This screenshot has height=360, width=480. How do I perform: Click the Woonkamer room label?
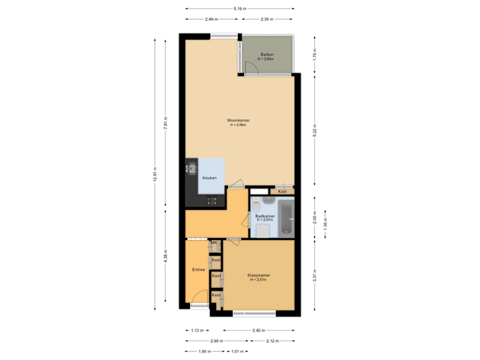click(x=238, y=121)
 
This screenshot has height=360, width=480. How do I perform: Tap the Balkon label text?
click(x=268, y=54)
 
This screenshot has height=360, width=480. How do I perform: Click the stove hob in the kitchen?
click(x=211, y=201)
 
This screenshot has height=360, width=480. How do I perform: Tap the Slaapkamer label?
click(x=259, y=275)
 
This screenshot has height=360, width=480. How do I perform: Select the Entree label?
click(x=198, y=270)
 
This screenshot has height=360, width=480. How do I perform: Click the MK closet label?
click(x=214, y=243)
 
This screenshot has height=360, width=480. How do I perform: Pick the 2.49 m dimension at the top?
click(x=212, y=19)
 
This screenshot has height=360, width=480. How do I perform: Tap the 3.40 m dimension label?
click(x=259, y=331)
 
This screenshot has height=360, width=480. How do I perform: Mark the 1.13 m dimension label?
click(x=197, y=331)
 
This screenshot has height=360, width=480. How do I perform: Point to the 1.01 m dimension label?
click(x=237, y=351)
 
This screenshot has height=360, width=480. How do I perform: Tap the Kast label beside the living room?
click(x=283, y=191)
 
